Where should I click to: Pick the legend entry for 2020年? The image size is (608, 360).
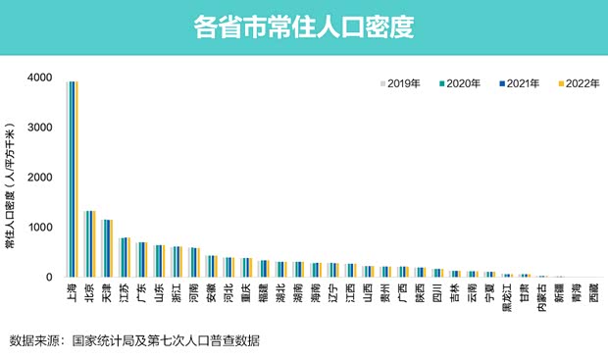(x=459, y=83)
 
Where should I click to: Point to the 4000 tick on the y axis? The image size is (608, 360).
(x=39, y=77)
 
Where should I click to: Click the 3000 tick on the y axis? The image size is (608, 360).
(x=39, y=128)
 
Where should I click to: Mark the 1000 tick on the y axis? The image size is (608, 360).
(x=39, y=228)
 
